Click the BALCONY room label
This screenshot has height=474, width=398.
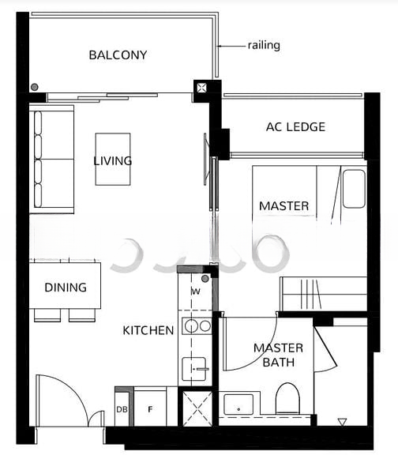click(x=118, y=55)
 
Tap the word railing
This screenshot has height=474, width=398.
click(x=264, y=46)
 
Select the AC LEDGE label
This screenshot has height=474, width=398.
click(x=295, y=127)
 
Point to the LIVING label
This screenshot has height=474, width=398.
click(x=112, y=161)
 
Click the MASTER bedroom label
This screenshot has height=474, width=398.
click(x=284, y=206)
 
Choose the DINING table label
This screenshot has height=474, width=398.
click(x=66, y=288)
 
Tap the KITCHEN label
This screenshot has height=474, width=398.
click(x=148, y=330)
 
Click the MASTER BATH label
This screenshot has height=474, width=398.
click(x=278, y=355)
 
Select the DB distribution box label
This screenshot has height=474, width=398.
click(x=122, y=409)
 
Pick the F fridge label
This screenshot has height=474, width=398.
click(x=150, y=409)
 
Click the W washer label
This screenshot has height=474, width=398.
click(x=196, y=292)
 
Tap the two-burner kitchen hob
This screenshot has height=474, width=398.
click(x=197, y=326)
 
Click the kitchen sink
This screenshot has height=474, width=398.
click(x=194, y=369)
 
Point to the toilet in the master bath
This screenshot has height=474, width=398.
click(x=287, y=398)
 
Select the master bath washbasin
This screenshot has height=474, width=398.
click(x=238, y=404)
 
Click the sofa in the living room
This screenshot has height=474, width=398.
click(x=51, y=160)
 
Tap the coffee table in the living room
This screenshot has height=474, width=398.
click(x=113, y=159)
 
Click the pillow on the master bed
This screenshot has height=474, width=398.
click(x=355, y=189)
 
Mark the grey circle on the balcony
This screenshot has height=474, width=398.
click(x=35, y=87)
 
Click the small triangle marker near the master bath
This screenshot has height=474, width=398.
click(x=342, y=422)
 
